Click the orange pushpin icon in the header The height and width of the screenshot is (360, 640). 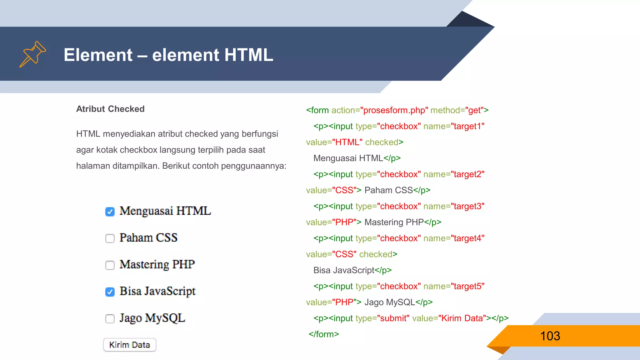(x=32, y=54)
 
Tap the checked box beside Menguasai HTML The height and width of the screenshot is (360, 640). (x=110, y=212)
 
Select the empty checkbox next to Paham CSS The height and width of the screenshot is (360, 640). (x=110, y=238)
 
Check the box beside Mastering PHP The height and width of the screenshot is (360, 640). (x=110, y=265)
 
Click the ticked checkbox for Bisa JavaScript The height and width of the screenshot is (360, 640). (x=110, y=292)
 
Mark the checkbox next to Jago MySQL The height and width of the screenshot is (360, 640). (x=110, y=318)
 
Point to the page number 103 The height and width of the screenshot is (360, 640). (x=550, y=336)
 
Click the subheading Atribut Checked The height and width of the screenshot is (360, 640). (x=110, y=109)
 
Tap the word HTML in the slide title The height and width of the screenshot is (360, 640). (x=248, y=55)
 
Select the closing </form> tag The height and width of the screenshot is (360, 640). (x=324, y=334)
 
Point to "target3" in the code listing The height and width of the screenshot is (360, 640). (x=467, y=206)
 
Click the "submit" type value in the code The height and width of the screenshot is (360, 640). (x=393, y=318)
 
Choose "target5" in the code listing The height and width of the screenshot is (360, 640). (x=467, y=286)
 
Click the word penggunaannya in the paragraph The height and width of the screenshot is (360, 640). (x=253, y=166)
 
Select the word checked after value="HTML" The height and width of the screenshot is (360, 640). (x=382, y=142)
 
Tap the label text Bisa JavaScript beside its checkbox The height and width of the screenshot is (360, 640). (x=157, y=291)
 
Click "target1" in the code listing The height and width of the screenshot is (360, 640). (x=467, y=126)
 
